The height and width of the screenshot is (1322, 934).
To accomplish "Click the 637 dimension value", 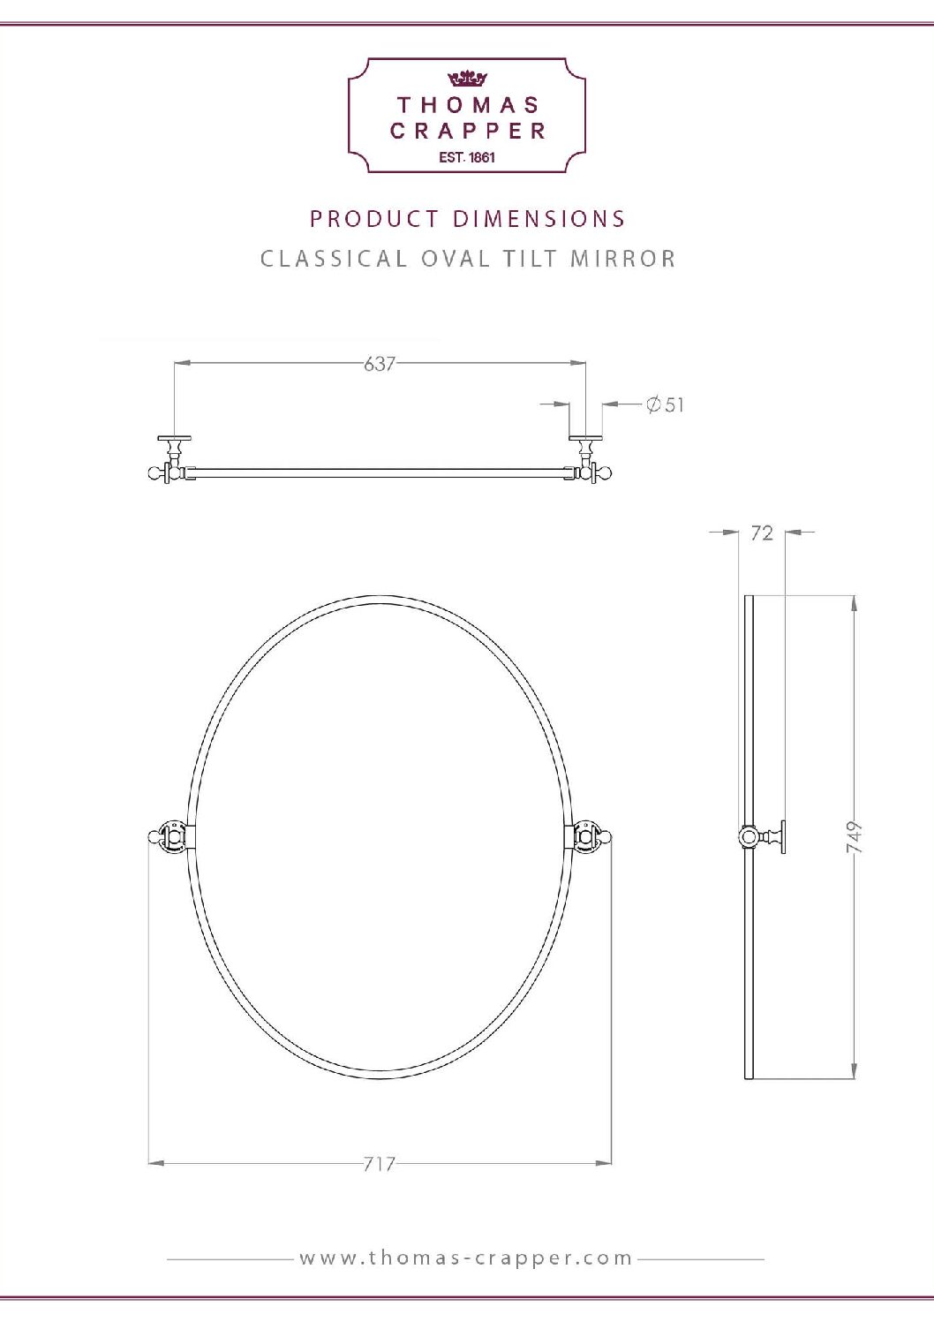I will point(379,363).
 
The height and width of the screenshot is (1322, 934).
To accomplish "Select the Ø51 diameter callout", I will point(665,404).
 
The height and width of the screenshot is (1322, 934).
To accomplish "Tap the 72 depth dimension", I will point(761,533).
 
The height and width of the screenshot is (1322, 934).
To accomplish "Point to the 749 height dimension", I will point(854,836).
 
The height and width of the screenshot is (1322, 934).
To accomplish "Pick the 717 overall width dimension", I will point(379,1164).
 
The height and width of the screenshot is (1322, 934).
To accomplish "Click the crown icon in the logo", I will point(467,79).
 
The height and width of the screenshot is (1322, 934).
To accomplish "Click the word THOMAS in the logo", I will point(468,105).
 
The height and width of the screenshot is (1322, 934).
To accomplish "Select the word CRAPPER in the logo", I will point(468,131).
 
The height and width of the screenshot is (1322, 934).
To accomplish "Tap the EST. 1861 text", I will point(467,157).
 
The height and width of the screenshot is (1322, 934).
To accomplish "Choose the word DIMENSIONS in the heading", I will point(539,218).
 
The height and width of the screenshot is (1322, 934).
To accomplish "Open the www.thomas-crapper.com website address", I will point(466,1258).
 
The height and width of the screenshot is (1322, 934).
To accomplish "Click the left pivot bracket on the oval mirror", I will point(171,835).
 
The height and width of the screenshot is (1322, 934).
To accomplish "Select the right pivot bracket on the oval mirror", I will point(586,835).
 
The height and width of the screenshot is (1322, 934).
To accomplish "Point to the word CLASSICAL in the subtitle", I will point(333,259).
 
